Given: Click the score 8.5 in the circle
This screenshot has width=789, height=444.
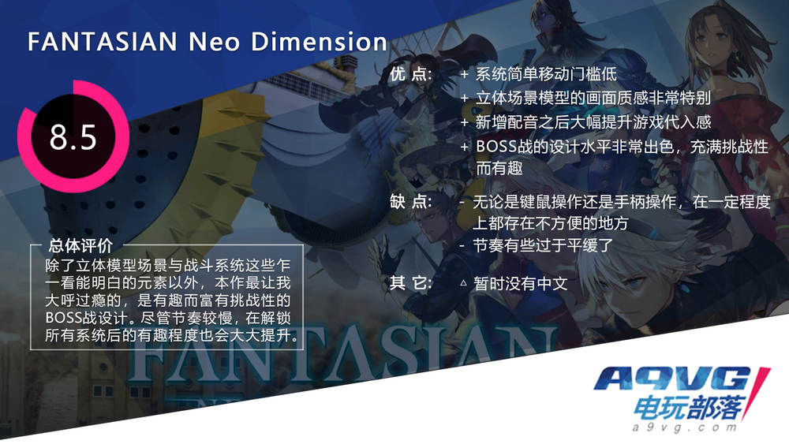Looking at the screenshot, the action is [x=73, y=136].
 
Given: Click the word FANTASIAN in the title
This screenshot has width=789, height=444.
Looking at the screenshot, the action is [x=102, y=41].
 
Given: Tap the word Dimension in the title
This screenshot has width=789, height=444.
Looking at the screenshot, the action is [x=319, y=41].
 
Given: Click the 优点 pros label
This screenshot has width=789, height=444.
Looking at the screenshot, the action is [x=410, y=74].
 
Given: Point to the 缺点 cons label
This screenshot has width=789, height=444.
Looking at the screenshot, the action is [x=410, y=202].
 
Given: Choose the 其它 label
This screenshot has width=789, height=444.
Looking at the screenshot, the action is [x=410, y=283].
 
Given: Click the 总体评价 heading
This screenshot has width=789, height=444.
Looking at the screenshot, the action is [x=80, y=246].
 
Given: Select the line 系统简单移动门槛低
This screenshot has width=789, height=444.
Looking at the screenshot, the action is [x=546, y=74].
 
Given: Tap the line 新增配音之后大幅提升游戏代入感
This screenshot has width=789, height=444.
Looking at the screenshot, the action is [x=593, y=121].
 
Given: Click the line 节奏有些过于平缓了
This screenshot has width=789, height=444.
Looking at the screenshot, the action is [x=543, y=245].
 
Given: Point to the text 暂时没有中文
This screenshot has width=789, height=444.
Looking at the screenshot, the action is [x=520, y=284].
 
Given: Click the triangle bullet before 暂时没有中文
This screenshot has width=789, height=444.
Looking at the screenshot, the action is [x=463, y=283].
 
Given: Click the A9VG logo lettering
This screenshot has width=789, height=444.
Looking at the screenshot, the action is [x=675, y=379].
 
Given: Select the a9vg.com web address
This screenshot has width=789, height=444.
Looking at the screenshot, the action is [x=684, y=427].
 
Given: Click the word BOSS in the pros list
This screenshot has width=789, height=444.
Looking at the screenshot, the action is [x=495, y=147].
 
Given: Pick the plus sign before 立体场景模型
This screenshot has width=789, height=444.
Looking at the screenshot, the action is [x=464, y=98].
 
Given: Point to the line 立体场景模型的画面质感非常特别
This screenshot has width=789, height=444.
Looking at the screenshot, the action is [x=593, y=98].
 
